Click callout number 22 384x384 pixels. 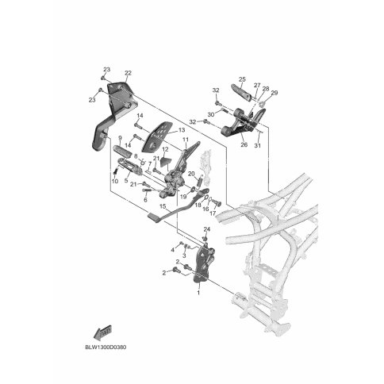(128, 73)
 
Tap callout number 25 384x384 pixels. (242, 79)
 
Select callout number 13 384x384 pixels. (182, 130)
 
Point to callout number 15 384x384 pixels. (163, 206)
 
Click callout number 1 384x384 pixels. (198, 293)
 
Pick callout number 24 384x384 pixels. (207, 229)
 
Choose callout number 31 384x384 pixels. (257, 145)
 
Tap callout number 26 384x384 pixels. (244, 144)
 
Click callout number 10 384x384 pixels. (115, 182)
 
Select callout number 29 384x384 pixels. (275, 93)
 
